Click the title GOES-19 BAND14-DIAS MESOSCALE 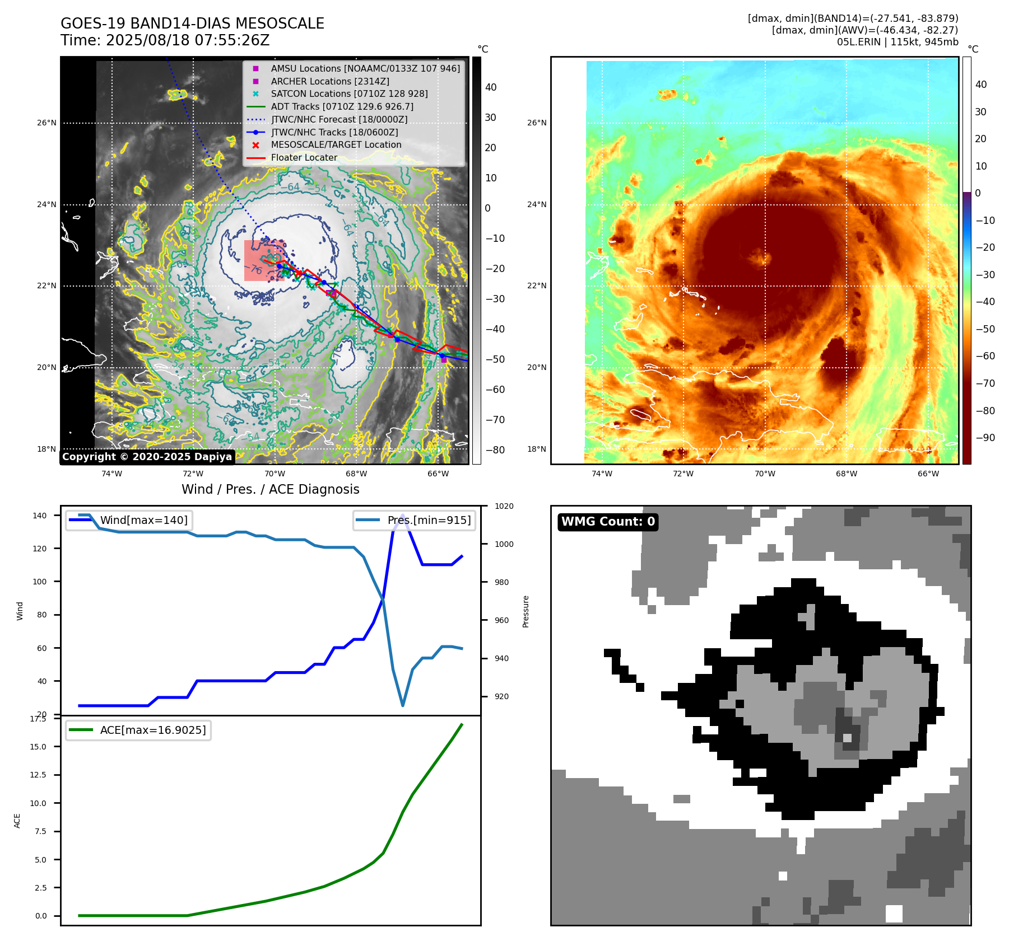(x=192, y=24)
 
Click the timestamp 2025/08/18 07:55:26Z (x=188, y=40)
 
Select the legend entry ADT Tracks (x=342, y=106)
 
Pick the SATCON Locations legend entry (x=349, y=93)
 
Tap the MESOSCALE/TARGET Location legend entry (x=336, y=144)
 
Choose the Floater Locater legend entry (x=304, y=157)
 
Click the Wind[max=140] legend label (x=143, y=520)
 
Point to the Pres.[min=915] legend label (x=429, y=520)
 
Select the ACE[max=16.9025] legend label (x=152, y=730)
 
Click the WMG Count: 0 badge (x=608, y=522)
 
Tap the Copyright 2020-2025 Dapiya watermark (x=147, y=457)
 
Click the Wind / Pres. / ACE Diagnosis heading (x=270, y=489)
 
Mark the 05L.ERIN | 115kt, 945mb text (x=898, y=42)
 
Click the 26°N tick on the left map (x=47, y=123)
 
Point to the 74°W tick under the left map (x=111, y=474)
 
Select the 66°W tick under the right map (x=928, y=474)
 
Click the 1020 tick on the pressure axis (x=504, y=506)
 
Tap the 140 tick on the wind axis (x=40, y=516)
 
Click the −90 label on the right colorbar (x=985, y=438)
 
